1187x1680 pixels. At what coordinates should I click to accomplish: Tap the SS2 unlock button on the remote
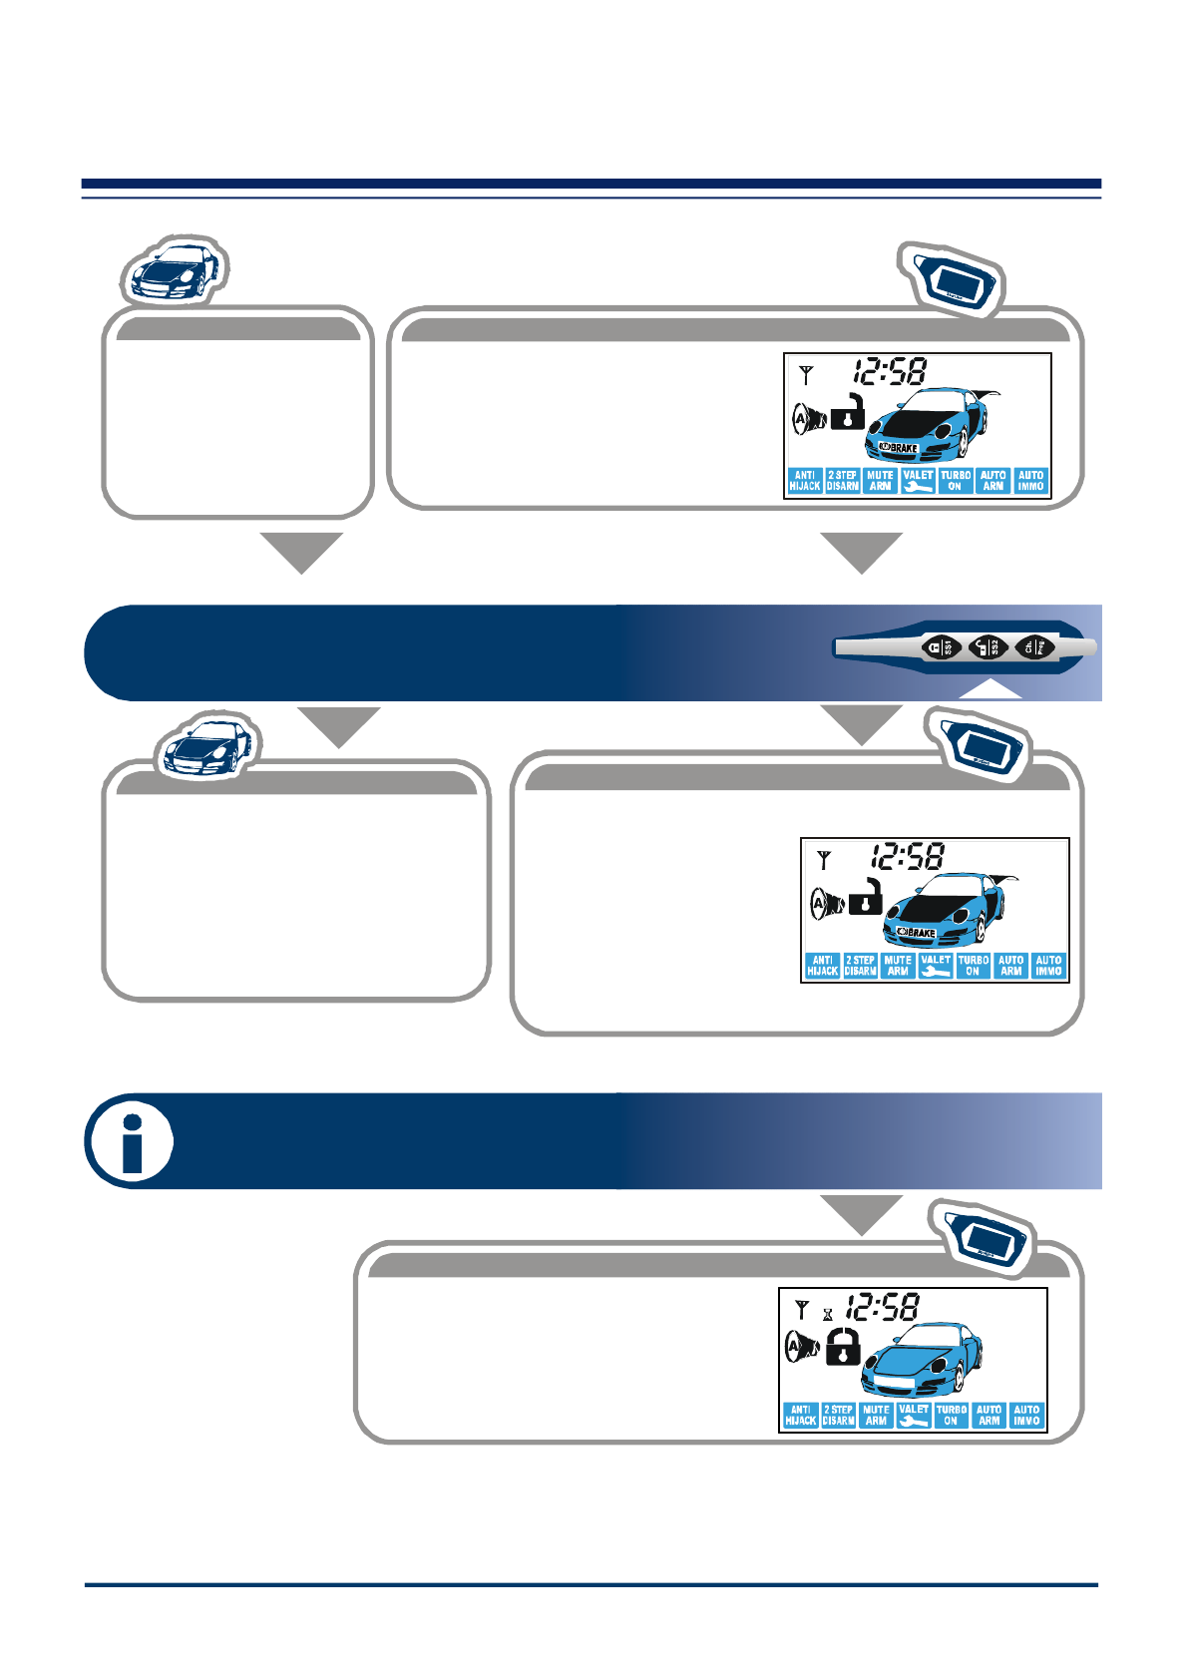click(988, 647)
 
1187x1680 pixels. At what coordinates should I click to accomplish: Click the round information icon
click(130, 1141)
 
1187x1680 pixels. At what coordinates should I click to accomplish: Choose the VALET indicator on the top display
click(918, 481)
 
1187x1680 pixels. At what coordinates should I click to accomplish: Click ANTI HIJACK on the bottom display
click(800, 1415)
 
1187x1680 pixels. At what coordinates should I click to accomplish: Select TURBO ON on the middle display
click(974, 965)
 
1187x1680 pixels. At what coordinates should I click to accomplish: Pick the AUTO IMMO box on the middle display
click(1048, 965)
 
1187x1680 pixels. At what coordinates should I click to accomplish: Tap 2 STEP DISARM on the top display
click(843, 481)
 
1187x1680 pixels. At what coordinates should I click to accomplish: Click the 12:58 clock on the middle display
click(908, 857)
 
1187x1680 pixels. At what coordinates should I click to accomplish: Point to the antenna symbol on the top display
click(806, 375)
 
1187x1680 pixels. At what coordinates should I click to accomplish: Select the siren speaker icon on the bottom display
click(801, 1347)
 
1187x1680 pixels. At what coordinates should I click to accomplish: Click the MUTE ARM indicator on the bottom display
click(876, 1415)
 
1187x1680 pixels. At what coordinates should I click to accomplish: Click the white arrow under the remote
click(989, 689)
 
